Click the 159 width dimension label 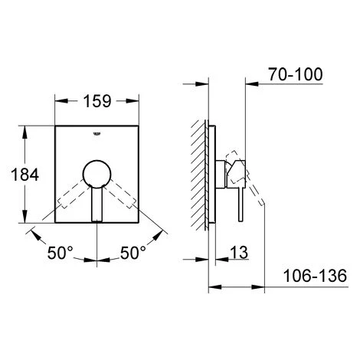click(97, 101)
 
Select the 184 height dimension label click(25, 175)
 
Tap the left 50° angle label click(61, 253)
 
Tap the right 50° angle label click(133, 253)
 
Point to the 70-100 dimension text click(296, 74)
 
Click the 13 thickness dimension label click(239, 253)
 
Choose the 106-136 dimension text click(316, 276)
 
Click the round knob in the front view click(97, 174)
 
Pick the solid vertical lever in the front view click(97, 205)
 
